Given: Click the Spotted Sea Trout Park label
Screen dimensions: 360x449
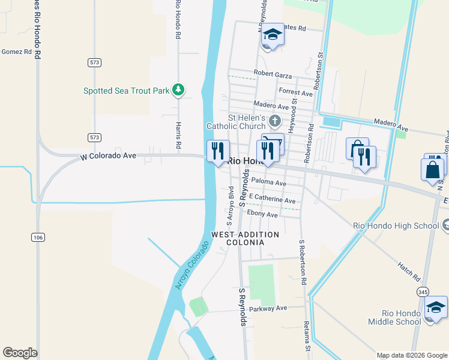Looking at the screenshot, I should [127, 91].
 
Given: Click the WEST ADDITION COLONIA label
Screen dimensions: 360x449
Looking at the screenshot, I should [245, 238].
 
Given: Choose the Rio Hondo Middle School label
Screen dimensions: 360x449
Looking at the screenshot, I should [402, 317].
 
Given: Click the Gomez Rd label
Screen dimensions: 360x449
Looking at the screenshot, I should [16, 52].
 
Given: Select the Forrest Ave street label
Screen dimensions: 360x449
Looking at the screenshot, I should [295, 93].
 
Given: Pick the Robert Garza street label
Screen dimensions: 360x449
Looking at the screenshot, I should [273, 74].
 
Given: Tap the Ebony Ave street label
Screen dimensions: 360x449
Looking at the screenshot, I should [262, 214].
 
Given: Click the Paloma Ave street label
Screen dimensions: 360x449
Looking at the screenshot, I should [269, 182].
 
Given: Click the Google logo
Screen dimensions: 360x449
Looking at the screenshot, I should [20, 353].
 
